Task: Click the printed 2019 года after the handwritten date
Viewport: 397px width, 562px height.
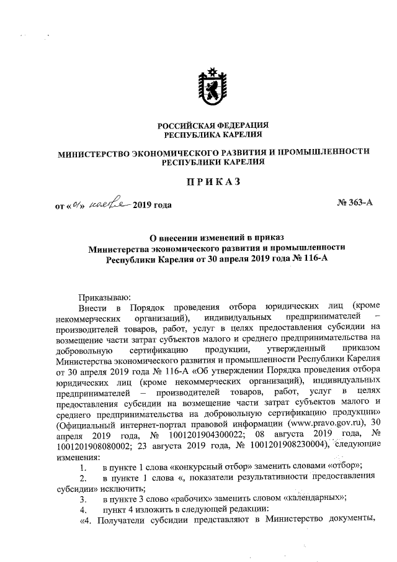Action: [152, 204]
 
